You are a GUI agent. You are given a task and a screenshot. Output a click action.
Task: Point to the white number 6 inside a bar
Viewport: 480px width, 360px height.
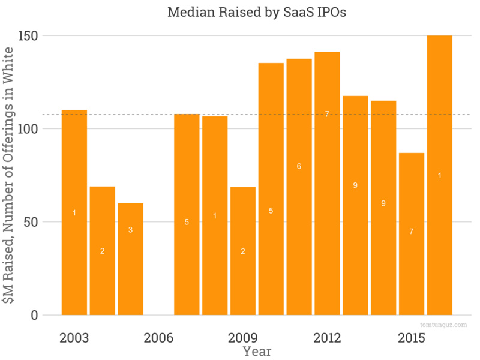pyautogui.click(x=299, y=166)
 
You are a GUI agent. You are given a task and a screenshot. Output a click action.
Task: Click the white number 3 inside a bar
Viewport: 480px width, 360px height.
pyautogui.click(x=130, y=230)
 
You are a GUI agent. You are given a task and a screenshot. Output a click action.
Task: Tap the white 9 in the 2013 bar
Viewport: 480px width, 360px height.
pyautogui.click(x=355, y=185)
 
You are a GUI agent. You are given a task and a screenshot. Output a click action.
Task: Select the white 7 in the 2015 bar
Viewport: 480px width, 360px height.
pyautogui.click(x=411, y=231)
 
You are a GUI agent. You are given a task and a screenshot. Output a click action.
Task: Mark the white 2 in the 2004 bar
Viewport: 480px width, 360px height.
pyautogui.click(x=102, y=251)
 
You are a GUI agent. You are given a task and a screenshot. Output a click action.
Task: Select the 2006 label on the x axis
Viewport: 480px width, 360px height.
pyautogui.click(x=158, y=338)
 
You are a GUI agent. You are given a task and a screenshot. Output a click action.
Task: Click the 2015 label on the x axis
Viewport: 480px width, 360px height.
pyautogui.click(x=411, y=338)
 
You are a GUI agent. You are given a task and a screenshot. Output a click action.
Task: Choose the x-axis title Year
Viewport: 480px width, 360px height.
pyautogui.click(x=256, y=351)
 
